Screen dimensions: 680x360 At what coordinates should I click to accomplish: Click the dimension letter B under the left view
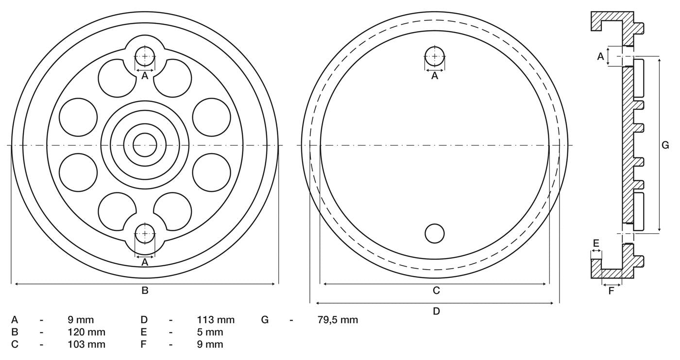pos(145,291)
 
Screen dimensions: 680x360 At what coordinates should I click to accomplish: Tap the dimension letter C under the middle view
pos(436,291)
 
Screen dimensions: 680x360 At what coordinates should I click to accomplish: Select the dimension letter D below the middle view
pos(436,311)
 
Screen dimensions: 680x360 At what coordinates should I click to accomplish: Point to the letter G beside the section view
pos(665,145)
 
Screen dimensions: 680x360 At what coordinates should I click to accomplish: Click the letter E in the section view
pos(596,243)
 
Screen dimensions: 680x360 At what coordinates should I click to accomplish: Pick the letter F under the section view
pos(611,291)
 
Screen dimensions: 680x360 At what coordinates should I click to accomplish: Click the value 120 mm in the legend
pos(86,332)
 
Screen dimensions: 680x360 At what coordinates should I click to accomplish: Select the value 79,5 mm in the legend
pos(338,320)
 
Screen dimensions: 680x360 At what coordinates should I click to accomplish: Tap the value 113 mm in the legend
pos(216,320)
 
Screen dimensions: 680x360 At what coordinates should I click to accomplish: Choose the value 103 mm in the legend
pos(86,344)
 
